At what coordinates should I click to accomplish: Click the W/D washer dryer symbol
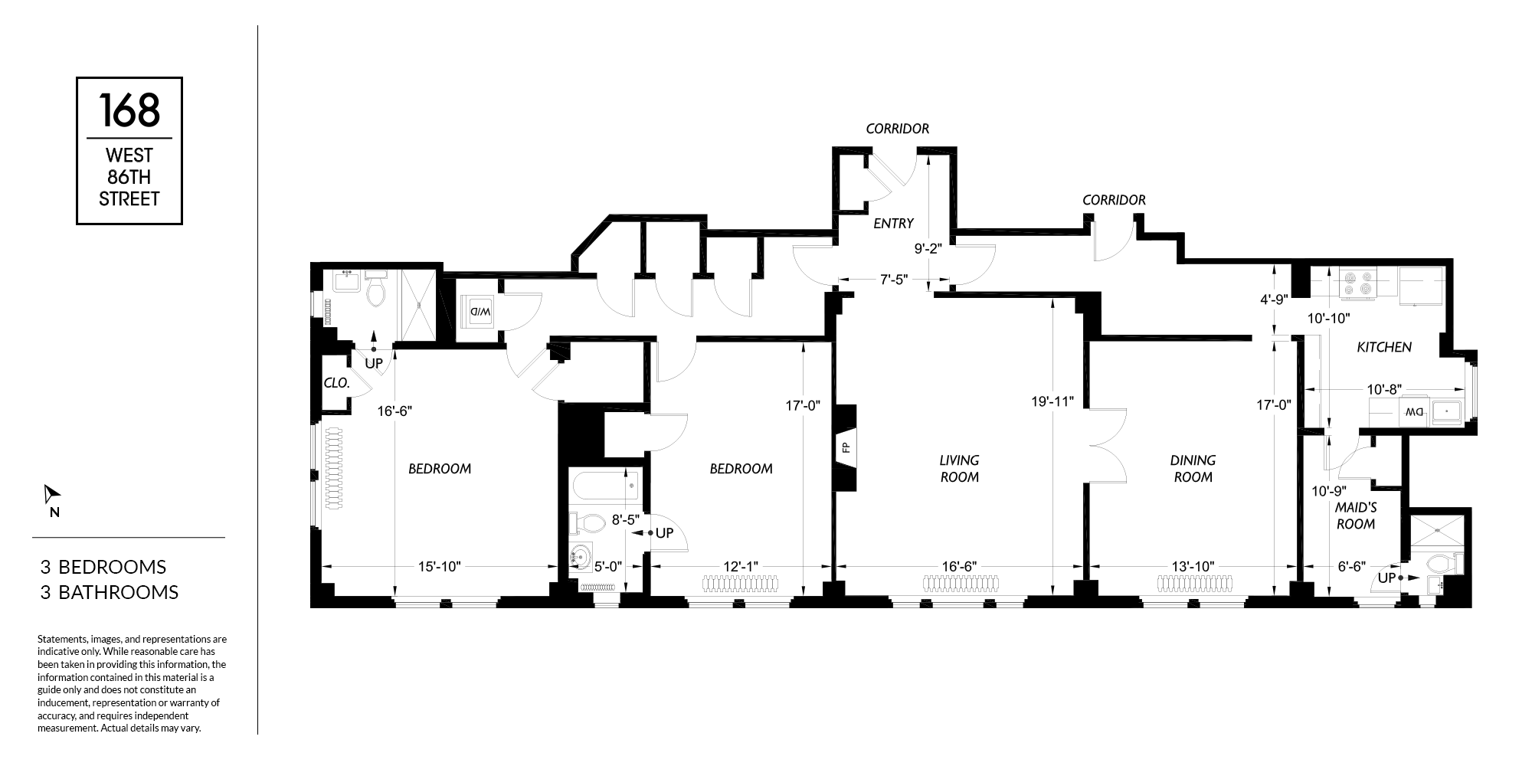click(480, 311)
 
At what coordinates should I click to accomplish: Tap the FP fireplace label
click(846, 447)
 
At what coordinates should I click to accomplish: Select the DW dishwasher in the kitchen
click(1412, 411)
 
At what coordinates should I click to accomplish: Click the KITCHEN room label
click(1384, 347)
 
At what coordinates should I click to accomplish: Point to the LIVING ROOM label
click(959, 469)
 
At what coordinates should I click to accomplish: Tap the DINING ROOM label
click(1193, 469)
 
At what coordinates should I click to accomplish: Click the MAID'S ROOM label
click(1356, 516)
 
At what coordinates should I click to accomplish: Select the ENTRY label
click(893, 224)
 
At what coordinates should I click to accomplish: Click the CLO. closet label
click(337, 382)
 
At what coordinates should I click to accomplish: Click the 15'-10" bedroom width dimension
click(439, 567)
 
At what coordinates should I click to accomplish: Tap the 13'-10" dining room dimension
click(1193, 567)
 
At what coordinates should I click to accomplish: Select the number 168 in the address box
click(129, 110)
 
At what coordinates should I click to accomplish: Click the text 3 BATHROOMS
click(110, 592)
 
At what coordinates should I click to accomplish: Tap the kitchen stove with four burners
click(1357, 283)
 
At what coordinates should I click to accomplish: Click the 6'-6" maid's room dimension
click(1351, 567)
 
